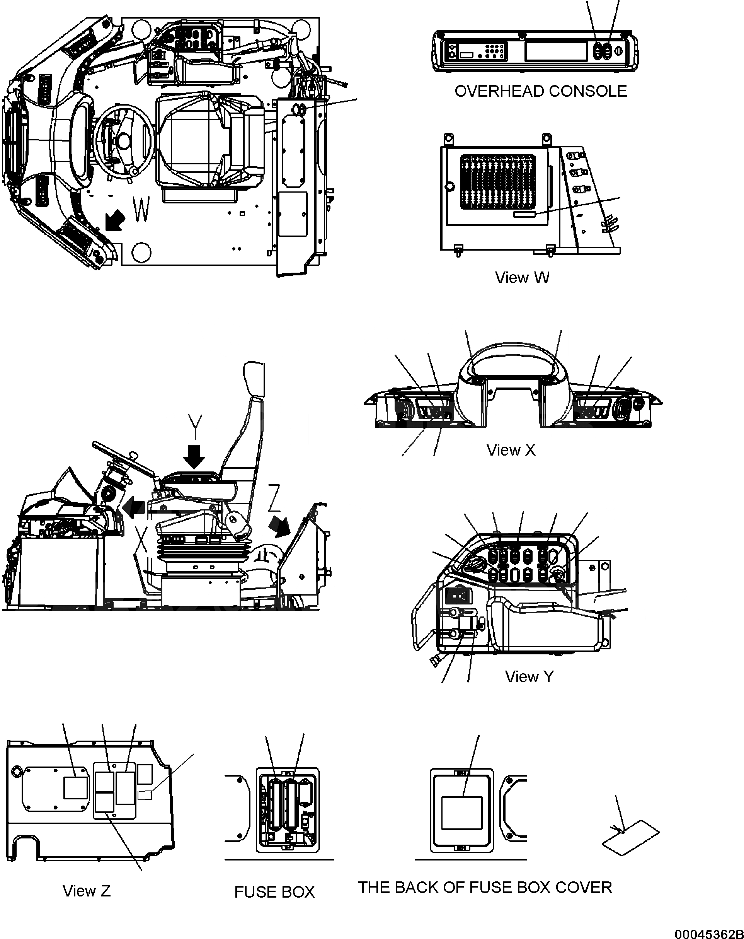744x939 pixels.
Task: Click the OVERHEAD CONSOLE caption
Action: tap(540, 91)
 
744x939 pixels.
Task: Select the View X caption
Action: tap(511, 450)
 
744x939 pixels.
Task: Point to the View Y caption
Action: tap(529, 676)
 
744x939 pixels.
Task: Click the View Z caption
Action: tap(87, 891)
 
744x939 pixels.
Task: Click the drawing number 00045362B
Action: tap(709, 933)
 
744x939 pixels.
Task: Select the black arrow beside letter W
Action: tap(115, 220)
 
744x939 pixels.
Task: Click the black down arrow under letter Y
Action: tap(194, 456)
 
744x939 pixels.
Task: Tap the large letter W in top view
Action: tap(141, 209)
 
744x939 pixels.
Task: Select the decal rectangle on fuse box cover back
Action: tap(462, 813)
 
